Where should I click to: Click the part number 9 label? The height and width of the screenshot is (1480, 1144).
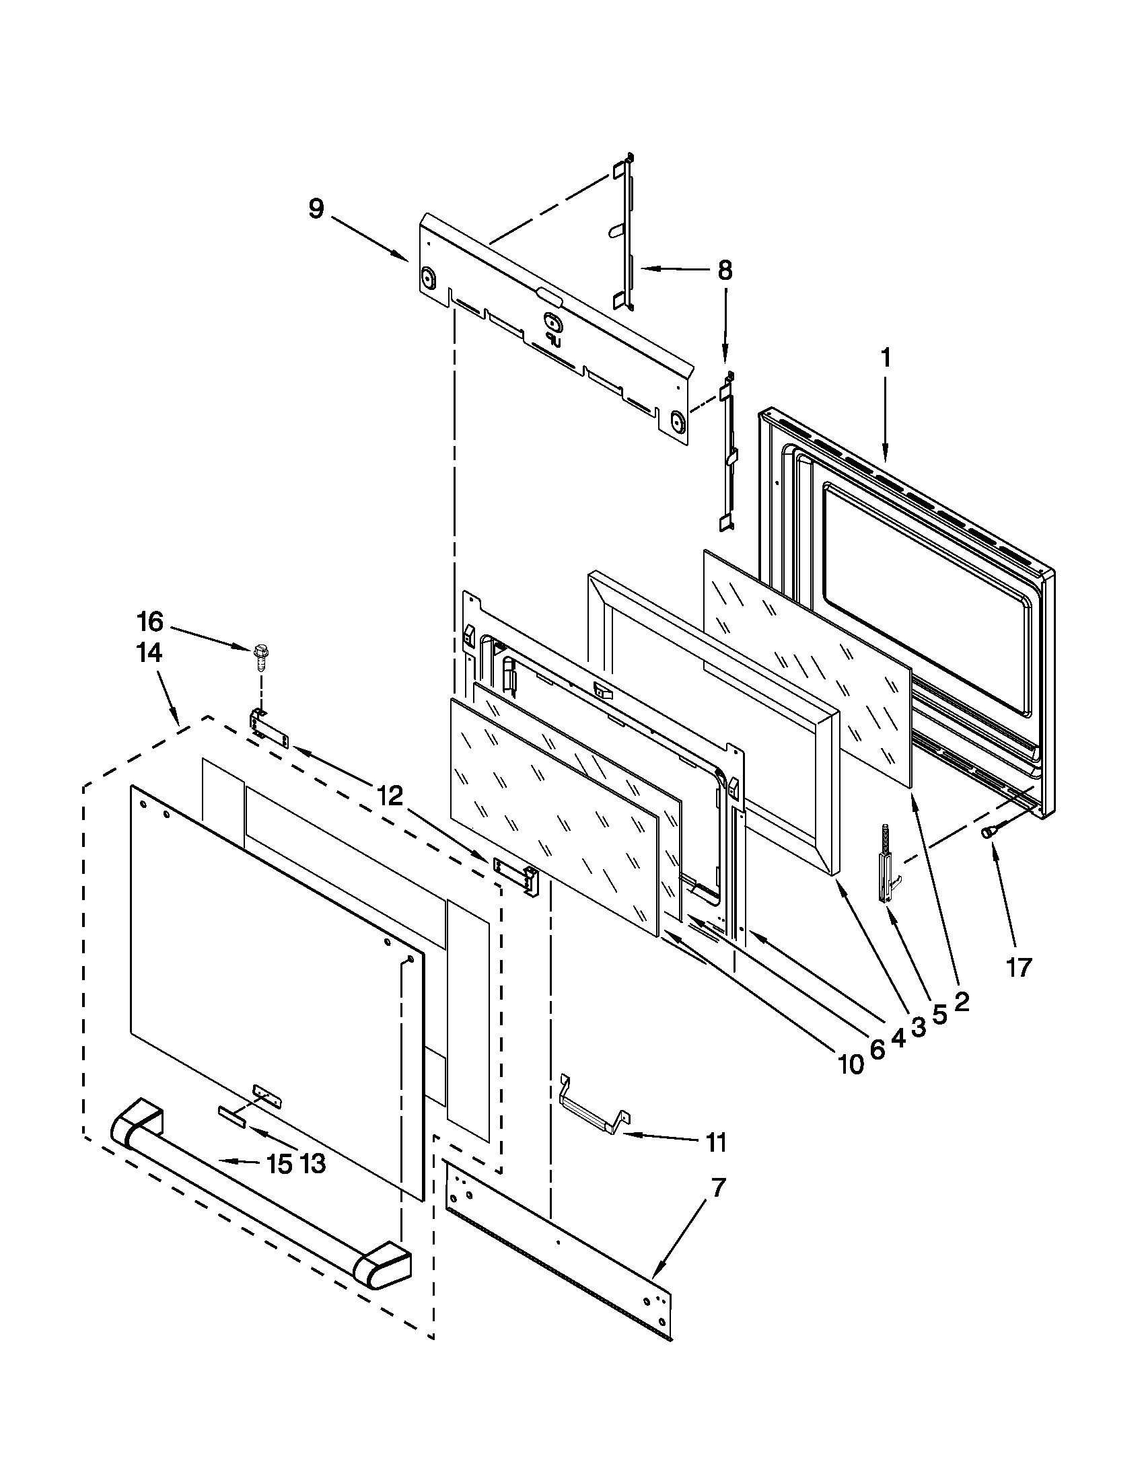(x=316, y=209)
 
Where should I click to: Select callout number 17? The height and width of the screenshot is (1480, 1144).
(x=1018, y=967)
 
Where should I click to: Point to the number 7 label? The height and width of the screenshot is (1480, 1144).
(x=719, y=1187)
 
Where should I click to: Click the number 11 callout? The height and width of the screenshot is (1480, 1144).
(x=717, y=1142)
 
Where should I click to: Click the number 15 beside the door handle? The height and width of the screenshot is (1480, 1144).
(x=279, y=1164)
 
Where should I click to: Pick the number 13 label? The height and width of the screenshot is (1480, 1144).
(x=312, y=1164)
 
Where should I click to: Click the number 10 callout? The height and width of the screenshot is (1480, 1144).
(x=851, y=1065)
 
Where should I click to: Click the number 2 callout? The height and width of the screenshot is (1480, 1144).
(x=961, y=1002)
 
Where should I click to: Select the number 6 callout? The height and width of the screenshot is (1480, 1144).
(x=877, y=1049)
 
